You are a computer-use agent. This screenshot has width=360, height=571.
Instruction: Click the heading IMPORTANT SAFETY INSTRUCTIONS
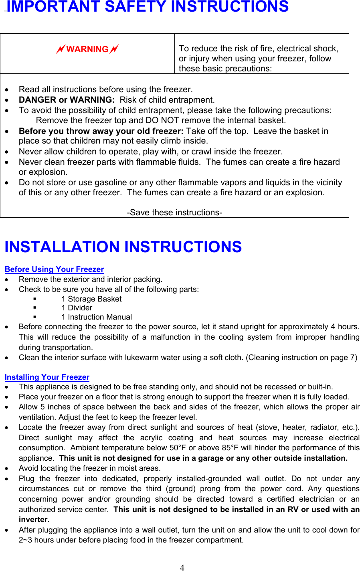coord(148,7)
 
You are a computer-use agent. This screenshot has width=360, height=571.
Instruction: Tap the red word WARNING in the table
coord(87,49)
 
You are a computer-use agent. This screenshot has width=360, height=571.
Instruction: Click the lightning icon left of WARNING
coord(61,49)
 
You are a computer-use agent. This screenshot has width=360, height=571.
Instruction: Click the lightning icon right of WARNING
coord(114,49)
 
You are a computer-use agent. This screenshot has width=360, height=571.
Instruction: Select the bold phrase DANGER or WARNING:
coord(67,100)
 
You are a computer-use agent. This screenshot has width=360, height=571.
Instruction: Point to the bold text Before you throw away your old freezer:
coord(101,131)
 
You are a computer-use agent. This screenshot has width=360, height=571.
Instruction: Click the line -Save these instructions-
coord(174,213)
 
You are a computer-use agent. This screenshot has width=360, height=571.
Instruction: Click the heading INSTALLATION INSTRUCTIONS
coord(123,247)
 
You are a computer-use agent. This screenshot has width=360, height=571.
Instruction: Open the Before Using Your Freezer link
coord(54,269)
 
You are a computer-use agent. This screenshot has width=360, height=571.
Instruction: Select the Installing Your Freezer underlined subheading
coord(47,377)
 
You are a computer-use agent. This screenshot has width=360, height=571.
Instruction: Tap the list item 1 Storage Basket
coord(91,299)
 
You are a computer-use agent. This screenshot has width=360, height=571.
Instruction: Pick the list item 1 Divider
coord(77,308)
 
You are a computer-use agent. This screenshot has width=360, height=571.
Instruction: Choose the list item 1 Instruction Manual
coord(97,317)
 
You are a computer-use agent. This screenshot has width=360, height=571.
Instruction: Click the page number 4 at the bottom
coord(182,567)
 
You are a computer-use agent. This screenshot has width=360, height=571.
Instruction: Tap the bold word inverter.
coord(34,520)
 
